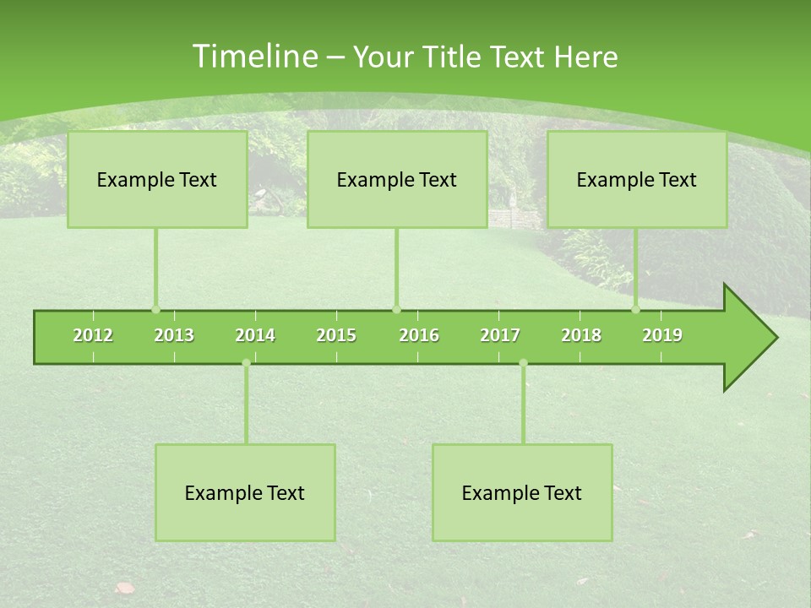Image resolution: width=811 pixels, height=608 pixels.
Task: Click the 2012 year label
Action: pyautogui.click(x=93, y=335)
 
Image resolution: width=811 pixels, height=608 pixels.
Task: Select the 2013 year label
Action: pyautogui.click(x=174, y=335)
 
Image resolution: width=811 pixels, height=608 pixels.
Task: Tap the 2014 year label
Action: pyautogui.click(x=255, y=335)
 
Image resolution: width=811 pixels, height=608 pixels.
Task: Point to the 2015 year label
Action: pyautogui.click(x=336, y=335)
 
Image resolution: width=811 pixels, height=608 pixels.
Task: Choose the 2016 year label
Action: pyautogui.click(x=419, y=335)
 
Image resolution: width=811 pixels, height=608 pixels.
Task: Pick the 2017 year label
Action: pyautogui.click(x=500, y=335)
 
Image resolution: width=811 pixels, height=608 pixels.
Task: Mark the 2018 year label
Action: pyautogui.click(x=581, y=335)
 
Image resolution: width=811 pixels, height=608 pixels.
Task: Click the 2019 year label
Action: pyautogui.click(x=662, y=335)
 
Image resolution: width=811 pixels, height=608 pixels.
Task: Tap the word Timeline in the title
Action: pyautogui.click(x=253, y=57)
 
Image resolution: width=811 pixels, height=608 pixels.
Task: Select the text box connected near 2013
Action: pyautogui.click(x=157, y=179)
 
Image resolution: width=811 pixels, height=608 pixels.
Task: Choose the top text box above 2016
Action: pyautogui.click(x=397, y=179)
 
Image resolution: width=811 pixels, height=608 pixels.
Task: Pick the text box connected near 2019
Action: pyautogui.click(x=637, y=179)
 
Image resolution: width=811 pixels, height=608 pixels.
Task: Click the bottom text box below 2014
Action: pyautogui.click(x=245, y=492)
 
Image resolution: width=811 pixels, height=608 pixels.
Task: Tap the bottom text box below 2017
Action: pyautogui.click(x=522, y=492)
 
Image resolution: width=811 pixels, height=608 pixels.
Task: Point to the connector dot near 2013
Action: pyautogui.click(x=155, y=309)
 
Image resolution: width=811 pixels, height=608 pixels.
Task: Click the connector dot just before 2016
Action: pyautogui.click(x=396, y=309)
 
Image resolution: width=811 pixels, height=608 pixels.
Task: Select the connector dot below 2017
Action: pyautogui.click(x=523, y=363)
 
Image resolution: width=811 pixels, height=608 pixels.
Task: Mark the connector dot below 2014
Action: pyautogui.click(x=246, y=363)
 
